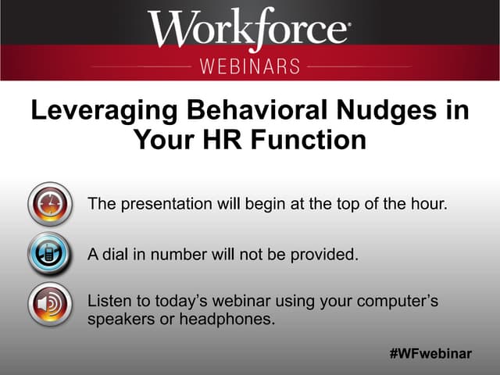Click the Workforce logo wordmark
248,30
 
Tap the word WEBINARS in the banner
250,66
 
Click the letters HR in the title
216,141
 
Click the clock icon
50,206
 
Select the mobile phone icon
50,255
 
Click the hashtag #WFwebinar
430,354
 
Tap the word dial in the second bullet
114,255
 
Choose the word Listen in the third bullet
108,299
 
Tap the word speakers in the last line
120,320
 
